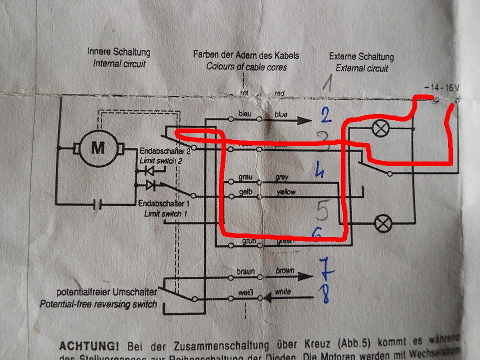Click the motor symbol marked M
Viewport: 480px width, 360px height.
(98, 147)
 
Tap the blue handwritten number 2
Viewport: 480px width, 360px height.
(325, 117)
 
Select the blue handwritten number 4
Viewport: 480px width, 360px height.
(320, 172)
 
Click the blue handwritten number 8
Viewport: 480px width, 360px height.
(325, 293)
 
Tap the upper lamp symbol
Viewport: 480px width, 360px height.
(381, 129)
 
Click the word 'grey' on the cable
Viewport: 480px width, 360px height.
(281, 177)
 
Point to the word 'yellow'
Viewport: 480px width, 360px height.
(285, 192)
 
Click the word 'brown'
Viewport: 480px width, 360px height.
(285, 270)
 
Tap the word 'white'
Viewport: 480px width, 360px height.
(282, 291)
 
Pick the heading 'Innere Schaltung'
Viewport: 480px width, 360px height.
(118, 52)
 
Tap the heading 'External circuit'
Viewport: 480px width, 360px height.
(362, 68)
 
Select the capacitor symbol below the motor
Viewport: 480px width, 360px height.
(99, 204)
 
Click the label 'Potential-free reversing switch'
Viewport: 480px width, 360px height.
(98, 304)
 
